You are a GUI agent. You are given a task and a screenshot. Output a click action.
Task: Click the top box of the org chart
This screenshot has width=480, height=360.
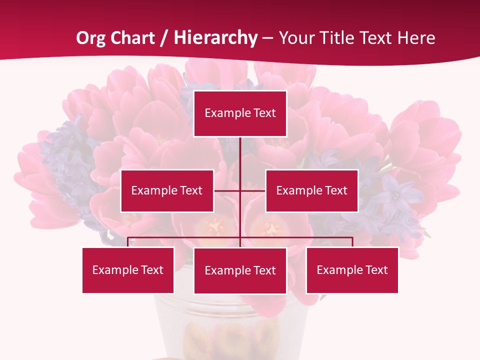coord(240,113)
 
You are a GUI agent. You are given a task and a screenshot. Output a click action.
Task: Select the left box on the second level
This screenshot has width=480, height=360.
coord(167,190)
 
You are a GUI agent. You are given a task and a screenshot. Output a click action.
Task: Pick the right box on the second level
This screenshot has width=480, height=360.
coord(311,190)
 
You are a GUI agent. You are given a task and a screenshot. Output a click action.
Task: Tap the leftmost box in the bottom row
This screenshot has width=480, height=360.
coord(128,270)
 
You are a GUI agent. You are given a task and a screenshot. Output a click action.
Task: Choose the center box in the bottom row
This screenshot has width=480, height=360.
coord(240,270)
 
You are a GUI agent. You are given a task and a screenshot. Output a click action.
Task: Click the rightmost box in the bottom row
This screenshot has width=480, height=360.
coord(352,270)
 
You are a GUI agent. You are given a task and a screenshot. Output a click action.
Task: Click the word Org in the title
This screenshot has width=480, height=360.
coord(89,38)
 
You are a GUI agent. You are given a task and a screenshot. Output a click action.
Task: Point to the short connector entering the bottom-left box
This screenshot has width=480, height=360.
coord(128,242)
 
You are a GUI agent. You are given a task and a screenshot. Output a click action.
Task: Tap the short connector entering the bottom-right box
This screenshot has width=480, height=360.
coord(352,242)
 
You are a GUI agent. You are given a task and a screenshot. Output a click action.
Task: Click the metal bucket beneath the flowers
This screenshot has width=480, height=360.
coord(230,325)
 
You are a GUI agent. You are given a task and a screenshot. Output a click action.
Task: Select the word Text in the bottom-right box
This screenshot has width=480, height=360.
coord(376,270)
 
